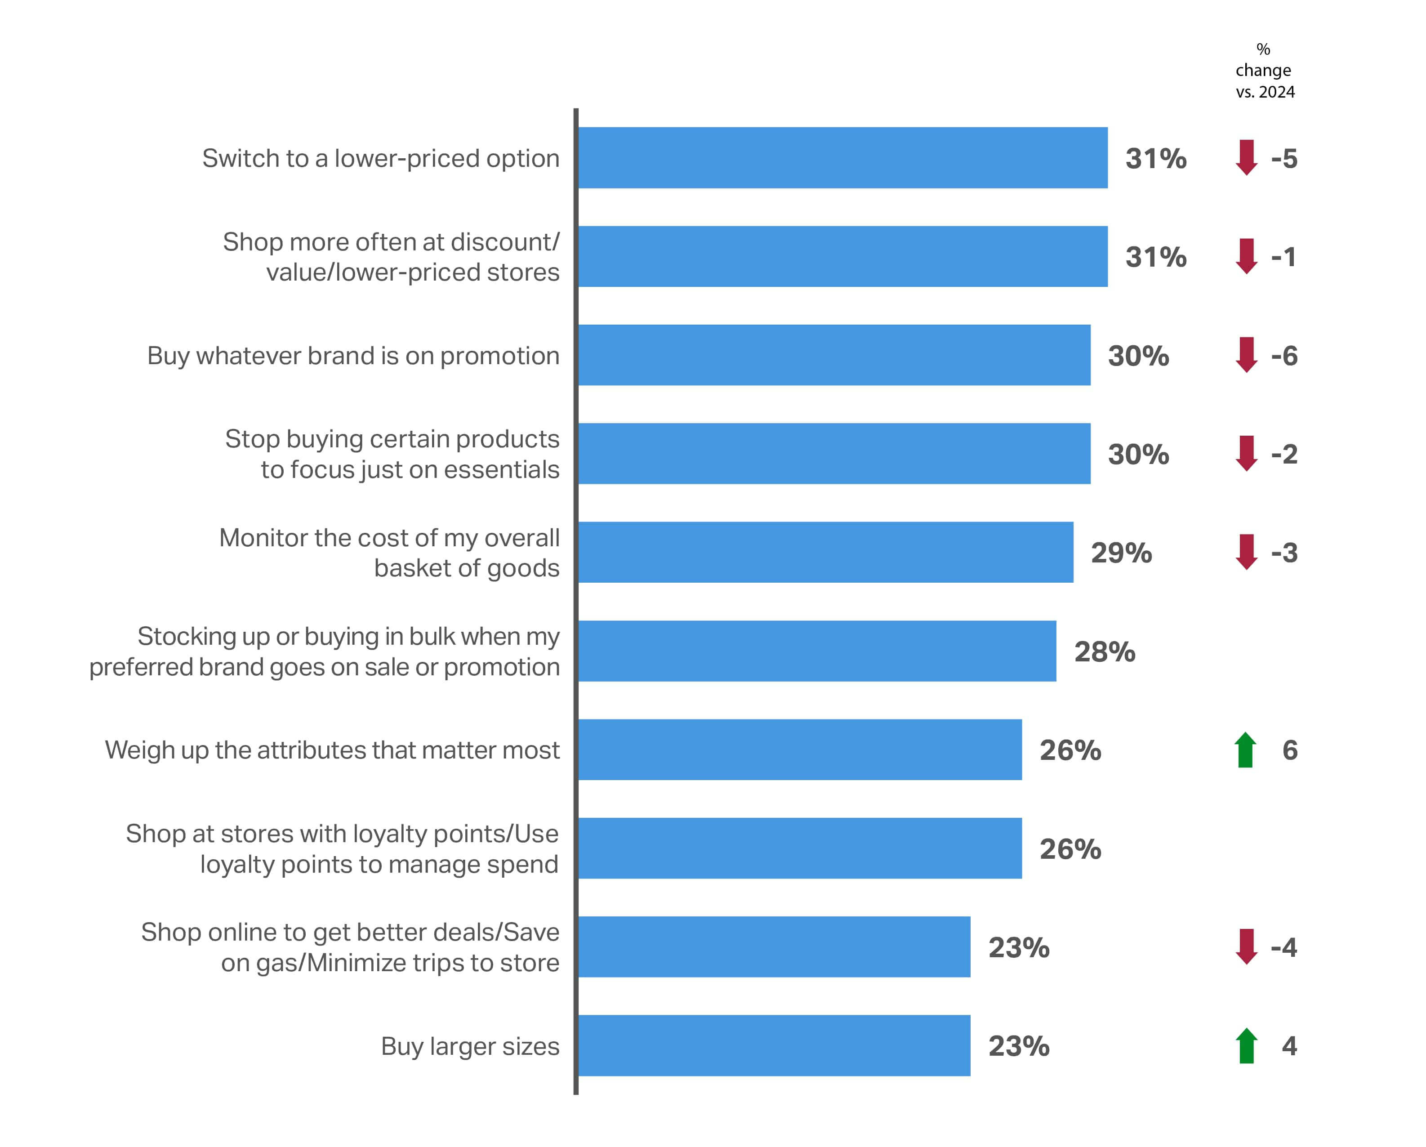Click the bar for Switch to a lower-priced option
pos(842,158)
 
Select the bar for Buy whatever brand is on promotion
pos(834,355)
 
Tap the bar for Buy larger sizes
pos(774,1046)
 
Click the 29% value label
pos(1121,553)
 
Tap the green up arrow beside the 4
pos(1247,1046)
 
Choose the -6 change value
pos(1284,356)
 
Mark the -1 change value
pos(1284,257)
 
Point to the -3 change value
pos(1284,553)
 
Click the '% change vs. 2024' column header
pos(1264,71)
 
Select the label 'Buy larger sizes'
pos(470,1046)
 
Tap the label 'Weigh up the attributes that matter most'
pos(332,750)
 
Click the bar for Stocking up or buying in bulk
pos(817,651)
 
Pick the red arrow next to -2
pos(1247,454)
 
